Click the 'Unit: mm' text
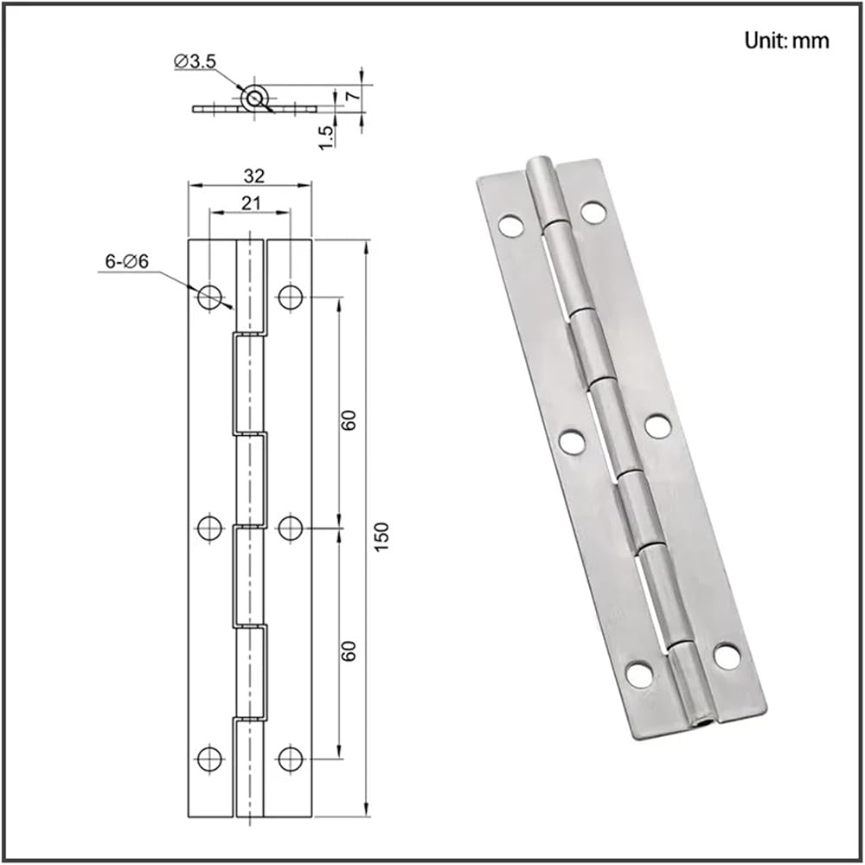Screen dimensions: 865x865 pos(786,41)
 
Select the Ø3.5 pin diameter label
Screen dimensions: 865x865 pos(195,61)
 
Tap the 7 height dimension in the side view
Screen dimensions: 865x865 pos(353,95)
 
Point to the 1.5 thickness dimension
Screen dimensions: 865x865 pos(326,137)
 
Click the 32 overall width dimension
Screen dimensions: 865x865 pos(253,176)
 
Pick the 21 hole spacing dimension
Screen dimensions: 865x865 pos(251,203)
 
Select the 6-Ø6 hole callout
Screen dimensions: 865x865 pos(127,261)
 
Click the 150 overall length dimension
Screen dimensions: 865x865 pos(381,536)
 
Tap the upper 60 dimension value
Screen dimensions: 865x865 pos(349,420)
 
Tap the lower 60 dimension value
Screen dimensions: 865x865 pos(349,651)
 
